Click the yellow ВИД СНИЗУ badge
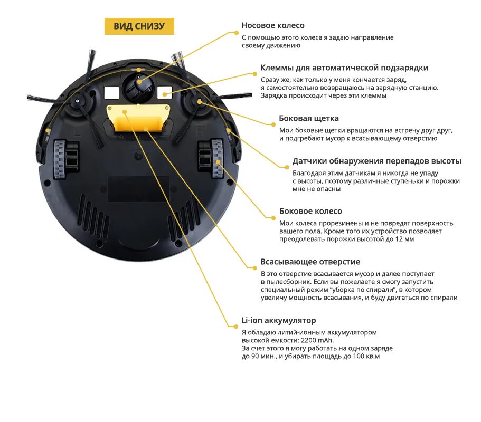click(x=139, y=26)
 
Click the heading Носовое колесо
click(x=272, y=25)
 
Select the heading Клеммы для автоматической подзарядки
click(x=344, y=68)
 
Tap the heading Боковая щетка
click(x=309, y=118)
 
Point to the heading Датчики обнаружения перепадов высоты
click(x=376, y=161)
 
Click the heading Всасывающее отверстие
click(x=310, y=262)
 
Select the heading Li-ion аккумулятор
click(x=278, y=321)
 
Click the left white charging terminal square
click(x=111, y=92)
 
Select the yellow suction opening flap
click(x=138, y=118)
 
